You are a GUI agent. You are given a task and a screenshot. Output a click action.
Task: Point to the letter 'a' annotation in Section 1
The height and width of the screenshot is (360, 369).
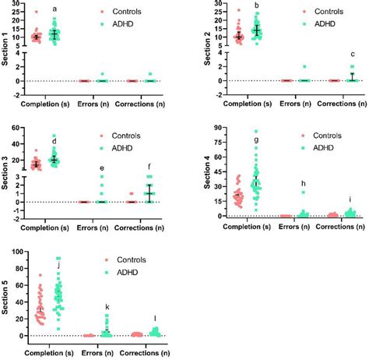54,9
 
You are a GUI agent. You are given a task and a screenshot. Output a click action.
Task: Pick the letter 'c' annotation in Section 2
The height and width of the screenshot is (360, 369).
352,54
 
